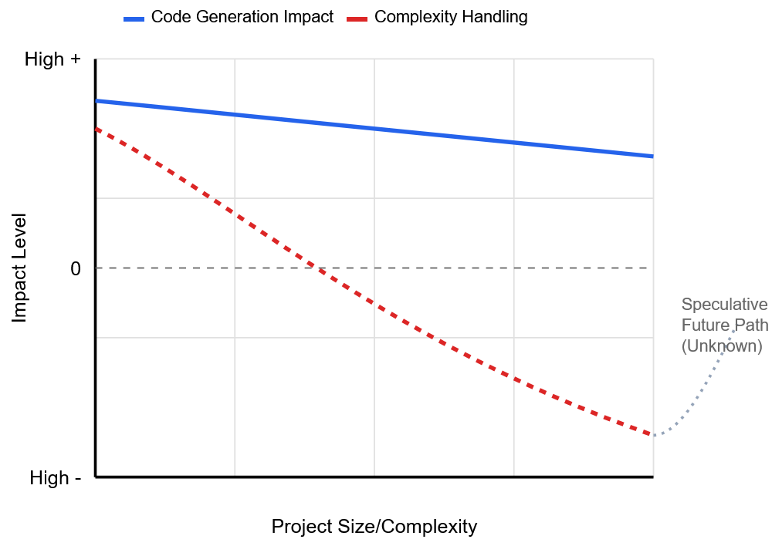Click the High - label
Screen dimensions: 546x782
[56, 478]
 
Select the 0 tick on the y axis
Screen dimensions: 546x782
[76, 268]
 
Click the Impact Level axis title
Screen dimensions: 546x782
[19, 268]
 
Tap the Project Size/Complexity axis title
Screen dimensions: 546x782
[374, 527]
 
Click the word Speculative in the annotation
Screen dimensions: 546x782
[725, 304]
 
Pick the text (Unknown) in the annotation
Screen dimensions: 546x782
[722, 346]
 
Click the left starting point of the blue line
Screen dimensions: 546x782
[96, 101]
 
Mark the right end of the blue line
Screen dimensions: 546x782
[653, 157]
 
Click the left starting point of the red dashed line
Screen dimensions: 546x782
[96, 129]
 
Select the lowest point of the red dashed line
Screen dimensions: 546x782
[652, 435]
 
